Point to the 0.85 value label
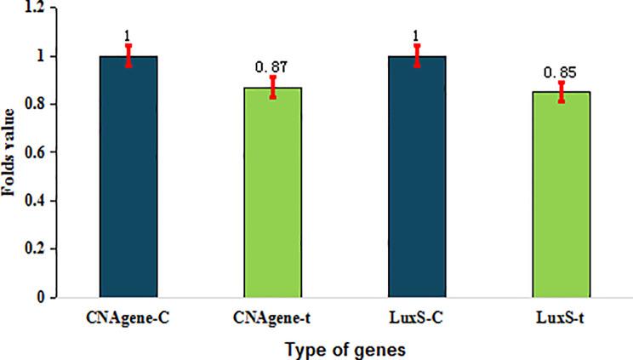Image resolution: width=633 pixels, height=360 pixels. click(x=562, y=72)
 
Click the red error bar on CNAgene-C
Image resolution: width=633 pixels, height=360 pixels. click(x=128, y=55)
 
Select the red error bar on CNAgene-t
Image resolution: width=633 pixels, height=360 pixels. click(x=273, y=87)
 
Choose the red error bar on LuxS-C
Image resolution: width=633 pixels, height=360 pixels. click(x=417, y=55)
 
